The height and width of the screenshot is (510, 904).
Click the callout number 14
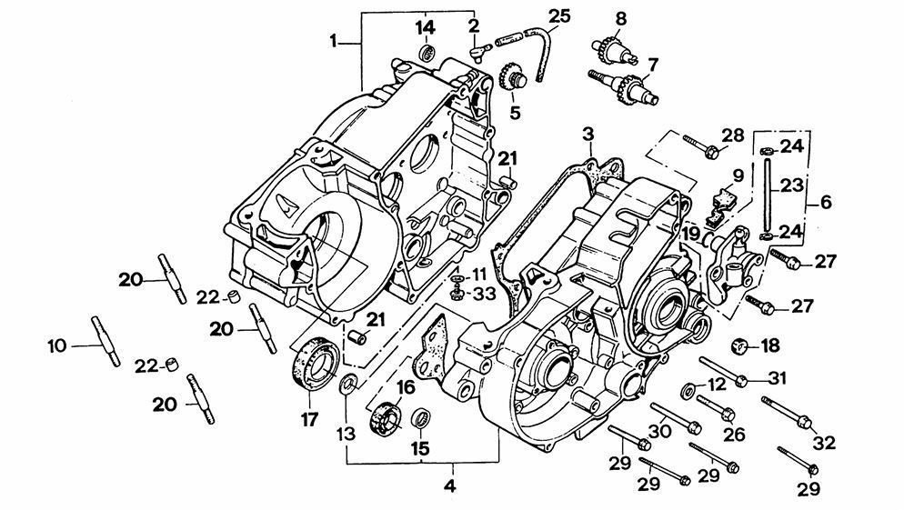427,27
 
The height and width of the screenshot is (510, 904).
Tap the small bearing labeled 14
427,52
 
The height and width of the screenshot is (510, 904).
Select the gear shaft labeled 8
615,51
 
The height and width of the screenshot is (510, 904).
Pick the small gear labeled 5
512,77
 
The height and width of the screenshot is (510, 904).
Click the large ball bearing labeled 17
316,365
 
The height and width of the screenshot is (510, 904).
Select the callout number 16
406,387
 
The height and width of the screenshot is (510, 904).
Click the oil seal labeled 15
421,417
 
